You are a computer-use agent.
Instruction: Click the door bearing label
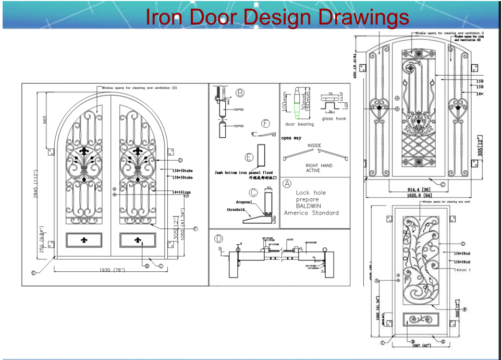[299, 125]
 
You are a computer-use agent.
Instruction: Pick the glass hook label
[334, 118]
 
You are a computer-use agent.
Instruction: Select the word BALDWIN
[309, 206]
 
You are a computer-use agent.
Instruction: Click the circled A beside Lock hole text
[287, 184]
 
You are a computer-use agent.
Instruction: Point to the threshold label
[235, 210]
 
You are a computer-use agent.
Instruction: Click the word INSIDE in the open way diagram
[314, 146]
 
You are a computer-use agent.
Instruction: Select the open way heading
[291, 138]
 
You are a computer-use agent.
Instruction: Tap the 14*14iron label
[182, 192]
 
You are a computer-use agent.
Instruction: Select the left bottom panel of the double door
[84, 241]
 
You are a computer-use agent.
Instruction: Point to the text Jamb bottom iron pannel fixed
[243, 172]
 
